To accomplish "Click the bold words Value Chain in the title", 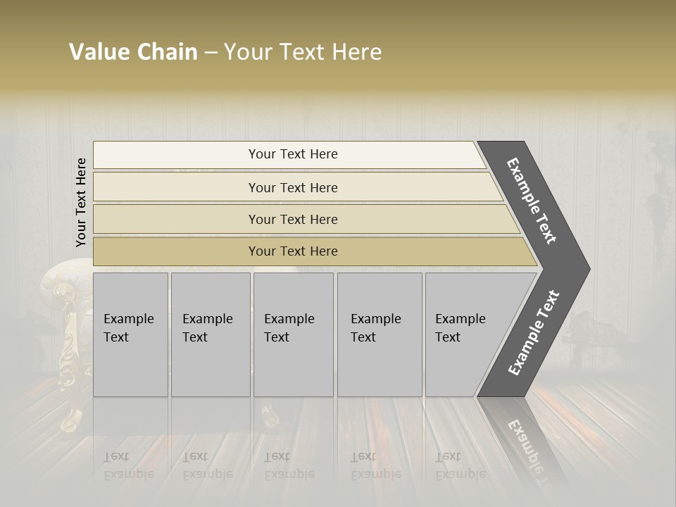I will coord(133,52).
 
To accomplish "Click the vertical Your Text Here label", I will coord(81,202).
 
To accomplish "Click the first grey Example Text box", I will coord(130,334).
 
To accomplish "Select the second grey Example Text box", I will coord(211,334).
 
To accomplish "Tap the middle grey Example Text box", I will coord(293,334).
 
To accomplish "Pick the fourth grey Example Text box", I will coord(380,334).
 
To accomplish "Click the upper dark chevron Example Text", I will coord(532,201).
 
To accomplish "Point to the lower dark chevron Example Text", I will coord(534,332).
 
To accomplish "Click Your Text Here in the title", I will coord(303,52).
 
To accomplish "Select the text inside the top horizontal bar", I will coord(293,154).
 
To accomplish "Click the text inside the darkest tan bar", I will coord(293,251).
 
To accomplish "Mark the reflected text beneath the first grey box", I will coord(128,466).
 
